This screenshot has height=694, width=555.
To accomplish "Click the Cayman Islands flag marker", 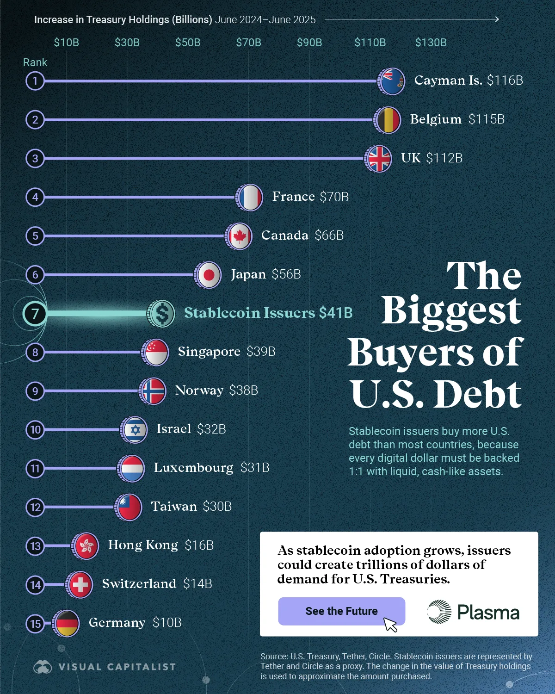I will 392,81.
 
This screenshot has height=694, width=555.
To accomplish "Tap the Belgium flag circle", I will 388,120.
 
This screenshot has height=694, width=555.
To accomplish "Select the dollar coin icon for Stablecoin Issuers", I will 161,313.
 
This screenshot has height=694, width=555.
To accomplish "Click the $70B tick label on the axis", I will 248,43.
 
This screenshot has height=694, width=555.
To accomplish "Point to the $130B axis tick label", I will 431,43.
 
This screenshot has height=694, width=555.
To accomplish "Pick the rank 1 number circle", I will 35,81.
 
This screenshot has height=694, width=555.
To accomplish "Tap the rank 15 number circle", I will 35,624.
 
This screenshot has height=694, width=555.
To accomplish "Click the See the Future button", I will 341,611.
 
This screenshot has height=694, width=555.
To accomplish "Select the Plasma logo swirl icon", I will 439,612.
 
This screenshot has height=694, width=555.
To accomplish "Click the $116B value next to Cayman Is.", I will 505,81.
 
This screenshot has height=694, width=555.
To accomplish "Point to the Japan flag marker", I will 208,275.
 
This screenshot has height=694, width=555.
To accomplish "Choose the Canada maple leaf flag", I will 239,236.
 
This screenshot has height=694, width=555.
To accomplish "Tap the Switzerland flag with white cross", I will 80,585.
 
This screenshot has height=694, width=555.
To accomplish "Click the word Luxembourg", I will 193,468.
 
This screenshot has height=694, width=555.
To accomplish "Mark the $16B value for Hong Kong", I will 199,545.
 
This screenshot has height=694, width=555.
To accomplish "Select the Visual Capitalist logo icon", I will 43,667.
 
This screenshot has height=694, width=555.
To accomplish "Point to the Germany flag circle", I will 66,623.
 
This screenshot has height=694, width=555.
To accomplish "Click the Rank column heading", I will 35,62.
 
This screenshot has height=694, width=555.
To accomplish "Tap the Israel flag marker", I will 135,430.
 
